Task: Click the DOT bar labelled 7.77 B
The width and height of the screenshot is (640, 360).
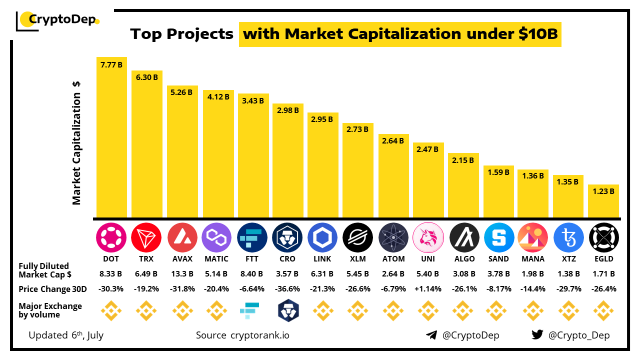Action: click(x=111, y=137)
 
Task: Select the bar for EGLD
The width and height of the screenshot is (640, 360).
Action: click(x=603, y=201)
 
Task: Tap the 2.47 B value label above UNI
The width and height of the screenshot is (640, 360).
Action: click(x=428, y=149)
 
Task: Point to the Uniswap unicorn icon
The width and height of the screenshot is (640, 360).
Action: click(x=428, y=237)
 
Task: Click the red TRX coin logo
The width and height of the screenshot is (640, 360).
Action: click(x=146, y=237)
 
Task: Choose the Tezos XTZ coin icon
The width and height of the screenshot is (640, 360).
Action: click(x=569, y=237)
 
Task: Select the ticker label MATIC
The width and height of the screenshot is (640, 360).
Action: click(x=216, y=259)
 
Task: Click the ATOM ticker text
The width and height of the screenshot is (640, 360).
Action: click(x=393, y=259)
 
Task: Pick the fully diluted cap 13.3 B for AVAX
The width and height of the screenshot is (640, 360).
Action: click(x=181, y=274)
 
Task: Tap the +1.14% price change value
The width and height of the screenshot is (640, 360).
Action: click(x=428, y=289)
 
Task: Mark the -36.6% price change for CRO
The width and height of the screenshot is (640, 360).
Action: click(x=287, y=289)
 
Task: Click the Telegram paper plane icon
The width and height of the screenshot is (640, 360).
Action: click(x=431, y=335)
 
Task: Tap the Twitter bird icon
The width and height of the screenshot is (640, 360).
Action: click(x=537, y=335)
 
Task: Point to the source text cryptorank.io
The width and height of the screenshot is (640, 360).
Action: click(x=259, y=335)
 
